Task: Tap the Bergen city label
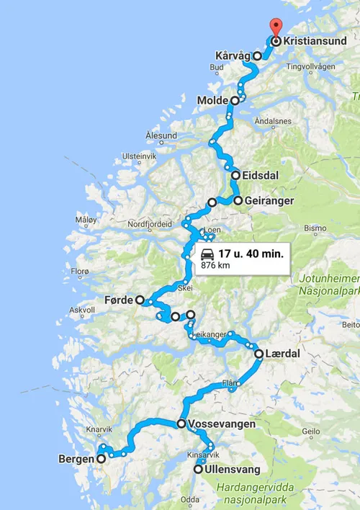tap(76, 458)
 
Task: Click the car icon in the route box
tap(207, 254)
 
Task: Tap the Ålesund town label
tap(161, 135)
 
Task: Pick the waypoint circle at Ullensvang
tap(199, 469)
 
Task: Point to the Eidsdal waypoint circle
tap(236, 175)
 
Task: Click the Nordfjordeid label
tap(150, 224)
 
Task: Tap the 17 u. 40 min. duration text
tap(251, 254)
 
